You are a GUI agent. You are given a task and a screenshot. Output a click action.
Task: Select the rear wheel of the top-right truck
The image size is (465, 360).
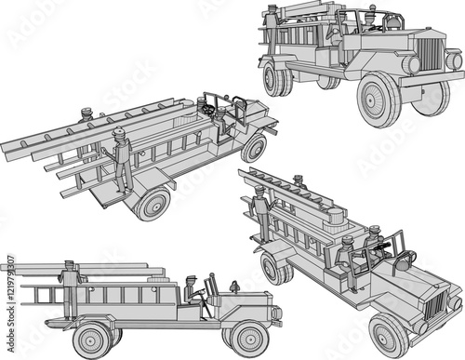tap(276, 78)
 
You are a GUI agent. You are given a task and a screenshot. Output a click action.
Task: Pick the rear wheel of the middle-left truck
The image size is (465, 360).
tap(152, 204)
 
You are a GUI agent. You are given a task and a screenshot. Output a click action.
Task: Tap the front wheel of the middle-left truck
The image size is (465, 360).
tap(253, 148)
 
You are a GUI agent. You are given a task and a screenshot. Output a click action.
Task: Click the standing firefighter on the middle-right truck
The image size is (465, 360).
tap(261, 212)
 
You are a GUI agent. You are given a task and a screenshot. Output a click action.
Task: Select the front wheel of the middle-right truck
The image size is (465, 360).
tap(388, 336)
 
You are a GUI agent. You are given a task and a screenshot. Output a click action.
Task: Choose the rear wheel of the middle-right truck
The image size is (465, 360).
tap(274, 270)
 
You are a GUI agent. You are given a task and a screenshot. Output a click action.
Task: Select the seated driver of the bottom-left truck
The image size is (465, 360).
tap(192, 291)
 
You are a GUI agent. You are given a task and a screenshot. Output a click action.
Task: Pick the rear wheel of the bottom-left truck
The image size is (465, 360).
tap(93, 340)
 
